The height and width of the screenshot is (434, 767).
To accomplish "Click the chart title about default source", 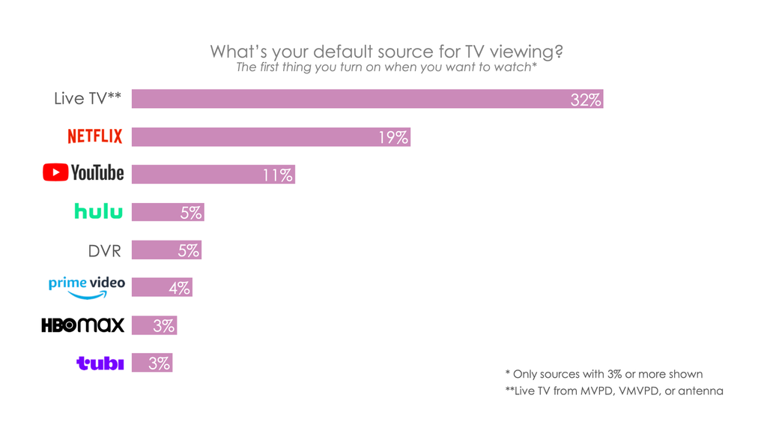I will pos(386,52).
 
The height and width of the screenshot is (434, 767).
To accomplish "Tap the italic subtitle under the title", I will pos(386,68).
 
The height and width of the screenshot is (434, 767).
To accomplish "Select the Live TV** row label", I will pos(88,99).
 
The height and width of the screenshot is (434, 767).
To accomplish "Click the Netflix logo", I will pos(94,136).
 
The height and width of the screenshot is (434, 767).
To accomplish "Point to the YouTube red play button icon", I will pos(55,173).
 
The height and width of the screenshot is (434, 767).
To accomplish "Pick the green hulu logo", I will pos(98,212).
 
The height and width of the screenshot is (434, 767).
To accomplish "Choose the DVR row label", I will pos(104,250).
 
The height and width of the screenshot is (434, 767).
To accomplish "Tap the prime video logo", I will pos(86,287).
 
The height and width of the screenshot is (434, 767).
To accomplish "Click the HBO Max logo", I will pos(82,325).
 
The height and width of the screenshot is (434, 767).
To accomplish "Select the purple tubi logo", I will pos(100,364).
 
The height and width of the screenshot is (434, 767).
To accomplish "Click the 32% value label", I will pos(585,100).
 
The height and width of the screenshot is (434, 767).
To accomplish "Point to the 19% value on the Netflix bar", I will pos(392,137).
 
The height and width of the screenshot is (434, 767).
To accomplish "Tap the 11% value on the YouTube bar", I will pos(277,175).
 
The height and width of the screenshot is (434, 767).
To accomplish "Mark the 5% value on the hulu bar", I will pos(191,213).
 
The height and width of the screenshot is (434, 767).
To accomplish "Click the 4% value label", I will pos(179,288).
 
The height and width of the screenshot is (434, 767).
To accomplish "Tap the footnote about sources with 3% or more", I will pos(604,374).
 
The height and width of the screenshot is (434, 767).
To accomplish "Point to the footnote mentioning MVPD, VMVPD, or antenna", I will pos(614,391).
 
